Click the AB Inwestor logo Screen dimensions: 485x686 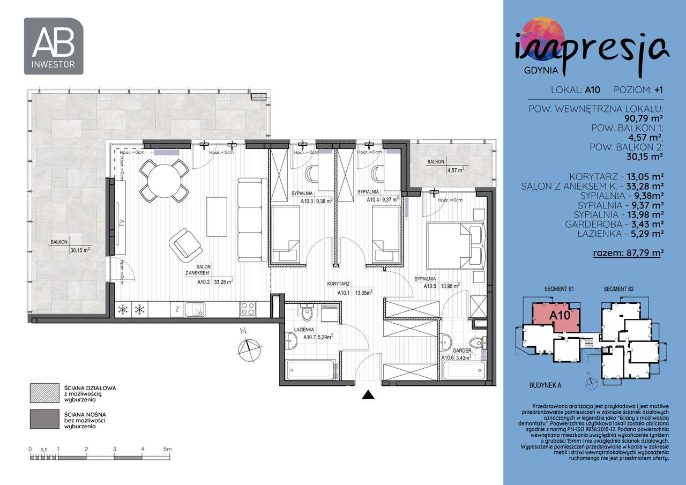[x=54, y=46]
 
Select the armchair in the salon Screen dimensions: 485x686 [x=185, y=245]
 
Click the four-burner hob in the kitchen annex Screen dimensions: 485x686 [x=248, y=309]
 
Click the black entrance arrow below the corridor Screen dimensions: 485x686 [x=367, y=396]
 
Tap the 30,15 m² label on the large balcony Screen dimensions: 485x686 [x=79, y=249]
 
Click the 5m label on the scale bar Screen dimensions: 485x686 [x=167, y=449]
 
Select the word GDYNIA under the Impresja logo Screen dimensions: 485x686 [x=541, y=70]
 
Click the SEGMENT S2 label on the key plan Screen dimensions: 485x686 [x=618, y=289]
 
